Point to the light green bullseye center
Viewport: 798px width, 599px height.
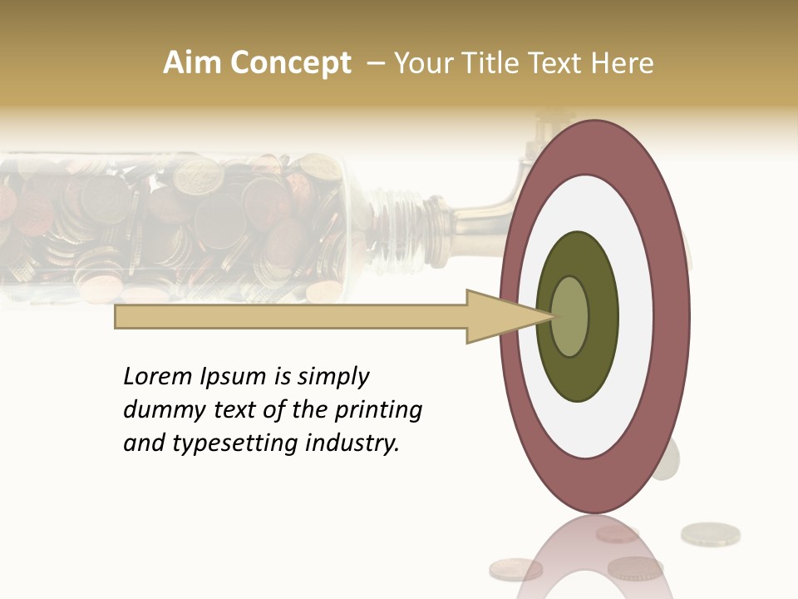tap(569, 317)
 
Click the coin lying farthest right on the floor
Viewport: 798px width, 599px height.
tap(710, 533)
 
